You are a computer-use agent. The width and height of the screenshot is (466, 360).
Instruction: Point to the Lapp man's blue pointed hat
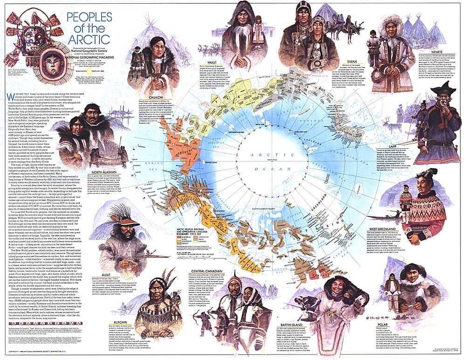pos(444,88)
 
